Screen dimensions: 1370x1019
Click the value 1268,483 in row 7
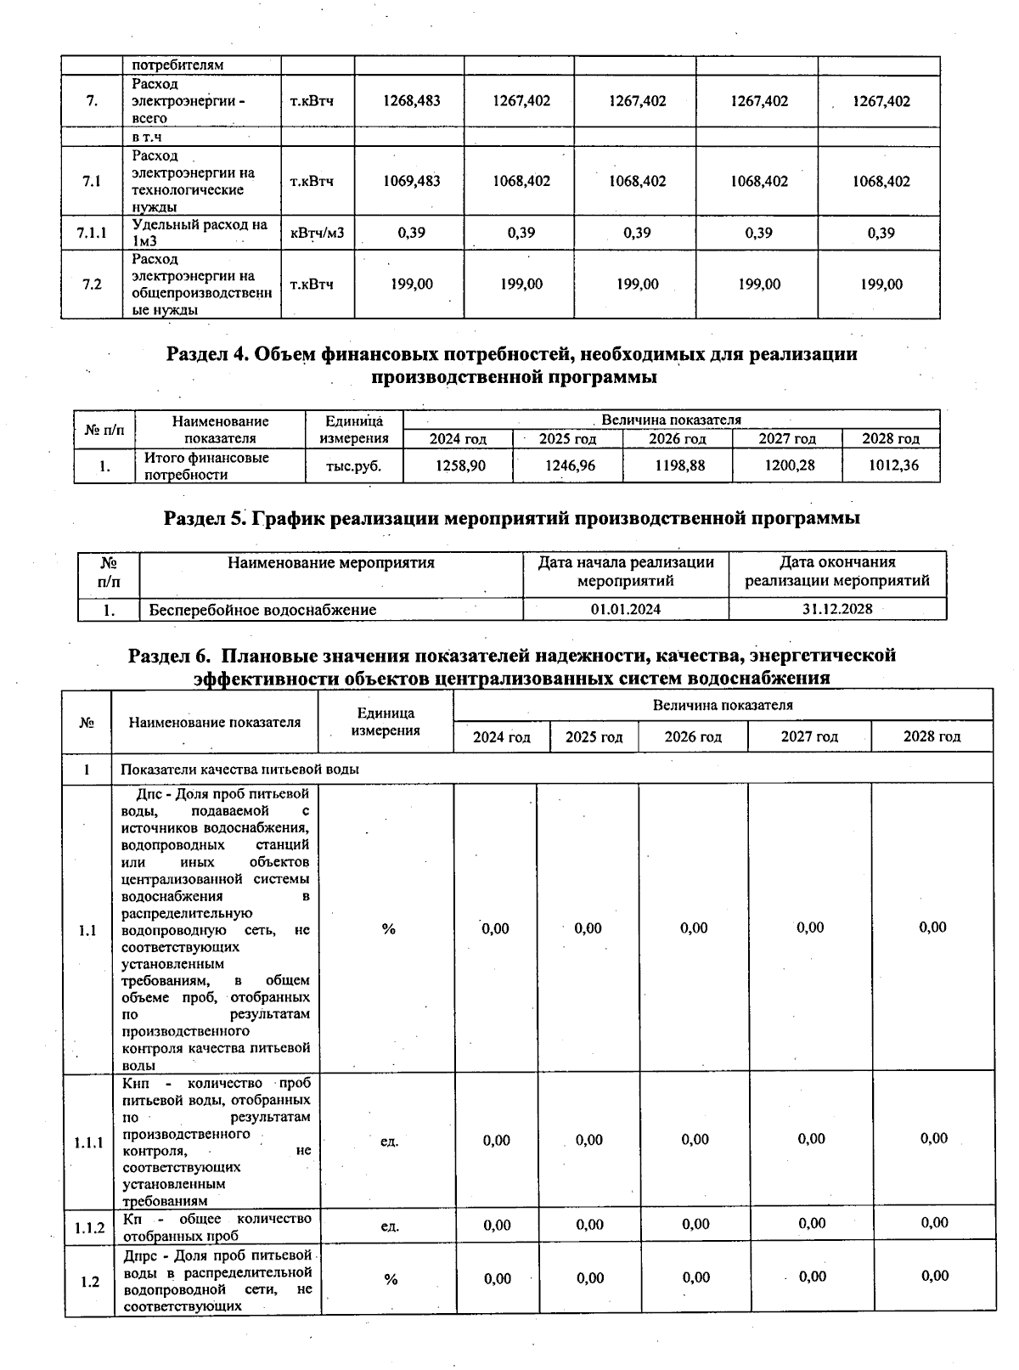pyautogui.click(x=412, y=101)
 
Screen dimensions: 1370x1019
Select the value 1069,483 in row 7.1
pyautogui.click(x=412, y=181)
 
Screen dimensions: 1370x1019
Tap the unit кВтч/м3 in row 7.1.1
pyautogui.click(x=317, y=233)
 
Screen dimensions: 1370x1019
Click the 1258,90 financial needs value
pyautogui.click(x=460, y=465)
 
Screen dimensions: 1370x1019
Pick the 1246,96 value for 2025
pyautogui.click(x=568, y=465)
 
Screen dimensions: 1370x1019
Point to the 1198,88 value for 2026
pyautogui.click(x=679, y=465)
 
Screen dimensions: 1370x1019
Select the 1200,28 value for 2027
pyautogui.click(x=789, y=465)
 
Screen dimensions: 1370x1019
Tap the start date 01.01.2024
pyautogui.click(x=625, y=609)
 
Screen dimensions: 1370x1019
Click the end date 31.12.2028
pyautogui.click(x=836, y=609)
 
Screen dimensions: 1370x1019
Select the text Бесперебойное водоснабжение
pyautogui.click(x=262, y=610)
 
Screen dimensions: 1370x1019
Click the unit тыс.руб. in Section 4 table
pyautogui.click(x=353, y=466)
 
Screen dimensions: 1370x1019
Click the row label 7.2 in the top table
pyautogui.click(x=93, y=285)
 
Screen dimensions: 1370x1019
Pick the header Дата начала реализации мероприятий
pyautogui.click(x=625, y=572)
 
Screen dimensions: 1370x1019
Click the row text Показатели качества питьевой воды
pyautogui.click(x=239, y=770)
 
